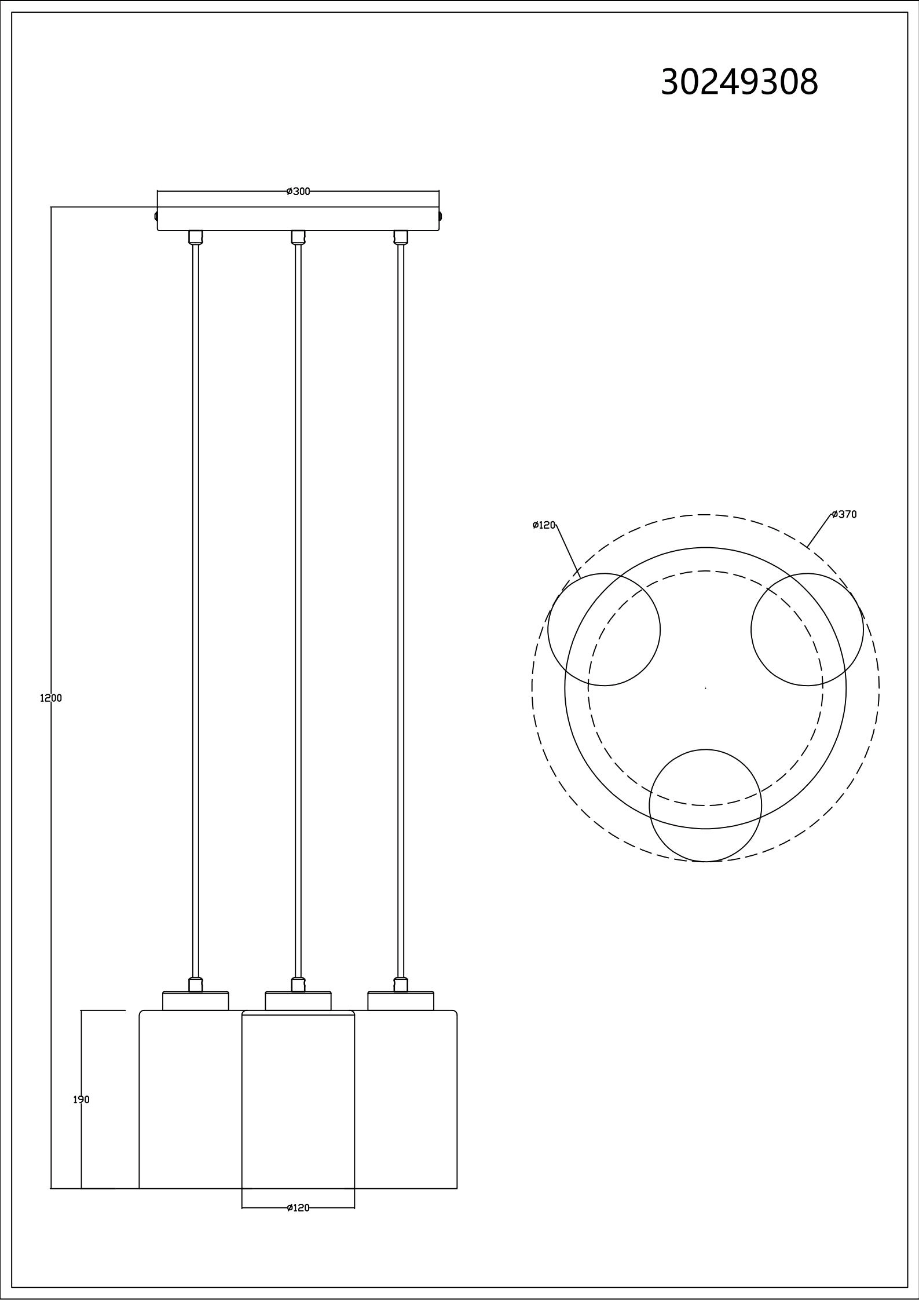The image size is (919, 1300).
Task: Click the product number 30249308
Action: coord(739,82)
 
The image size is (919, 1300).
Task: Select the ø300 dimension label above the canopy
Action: coord(298,192)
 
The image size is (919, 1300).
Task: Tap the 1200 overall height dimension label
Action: coord(51,698)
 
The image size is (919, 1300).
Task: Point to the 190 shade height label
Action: coord(81,1099)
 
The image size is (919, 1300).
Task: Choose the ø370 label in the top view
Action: coord(844,514)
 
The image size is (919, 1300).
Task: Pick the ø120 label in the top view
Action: coord(544,525)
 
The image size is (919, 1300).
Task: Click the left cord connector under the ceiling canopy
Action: coord(196,237)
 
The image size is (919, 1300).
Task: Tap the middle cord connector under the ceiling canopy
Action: coord(298,237)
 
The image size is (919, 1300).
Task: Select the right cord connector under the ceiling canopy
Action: coord(401,237)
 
